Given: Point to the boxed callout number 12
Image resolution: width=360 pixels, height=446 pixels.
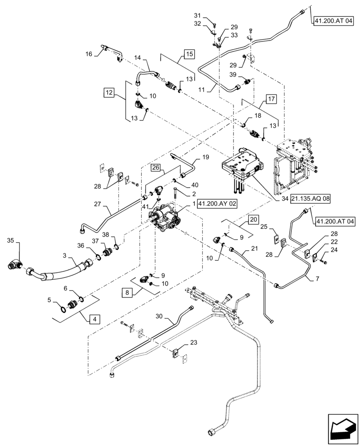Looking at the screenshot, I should click(x=109, y=92).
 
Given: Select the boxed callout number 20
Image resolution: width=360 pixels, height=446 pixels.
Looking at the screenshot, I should click(x=253, y=219).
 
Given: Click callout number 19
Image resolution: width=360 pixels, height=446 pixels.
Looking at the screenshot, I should click(x=205, y=157).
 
